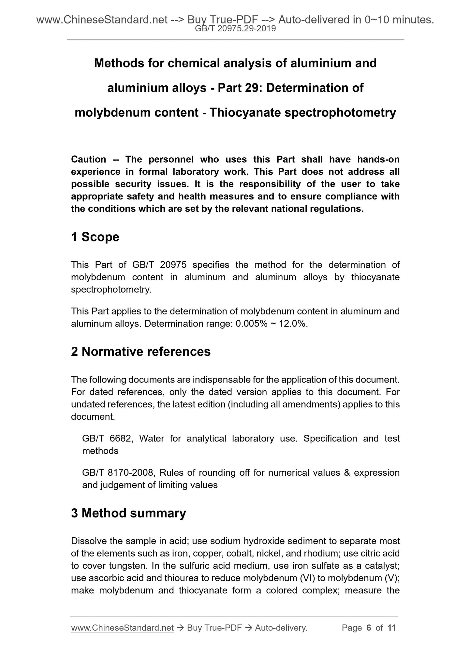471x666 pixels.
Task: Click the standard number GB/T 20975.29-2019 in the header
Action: click(235, 29)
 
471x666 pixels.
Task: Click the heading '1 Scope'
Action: click(95, 237)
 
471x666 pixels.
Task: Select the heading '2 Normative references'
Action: click(141, 352)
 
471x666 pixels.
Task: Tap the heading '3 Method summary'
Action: click(128, 513)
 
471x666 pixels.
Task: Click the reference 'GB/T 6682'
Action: click(107, 439)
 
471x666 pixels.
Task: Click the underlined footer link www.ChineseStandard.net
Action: click(122, 628)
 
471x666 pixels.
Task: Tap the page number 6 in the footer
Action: click(369, 628)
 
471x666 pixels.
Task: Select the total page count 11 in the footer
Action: click(391, 628)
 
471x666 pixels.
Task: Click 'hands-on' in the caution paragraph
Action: click(378, 159)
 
